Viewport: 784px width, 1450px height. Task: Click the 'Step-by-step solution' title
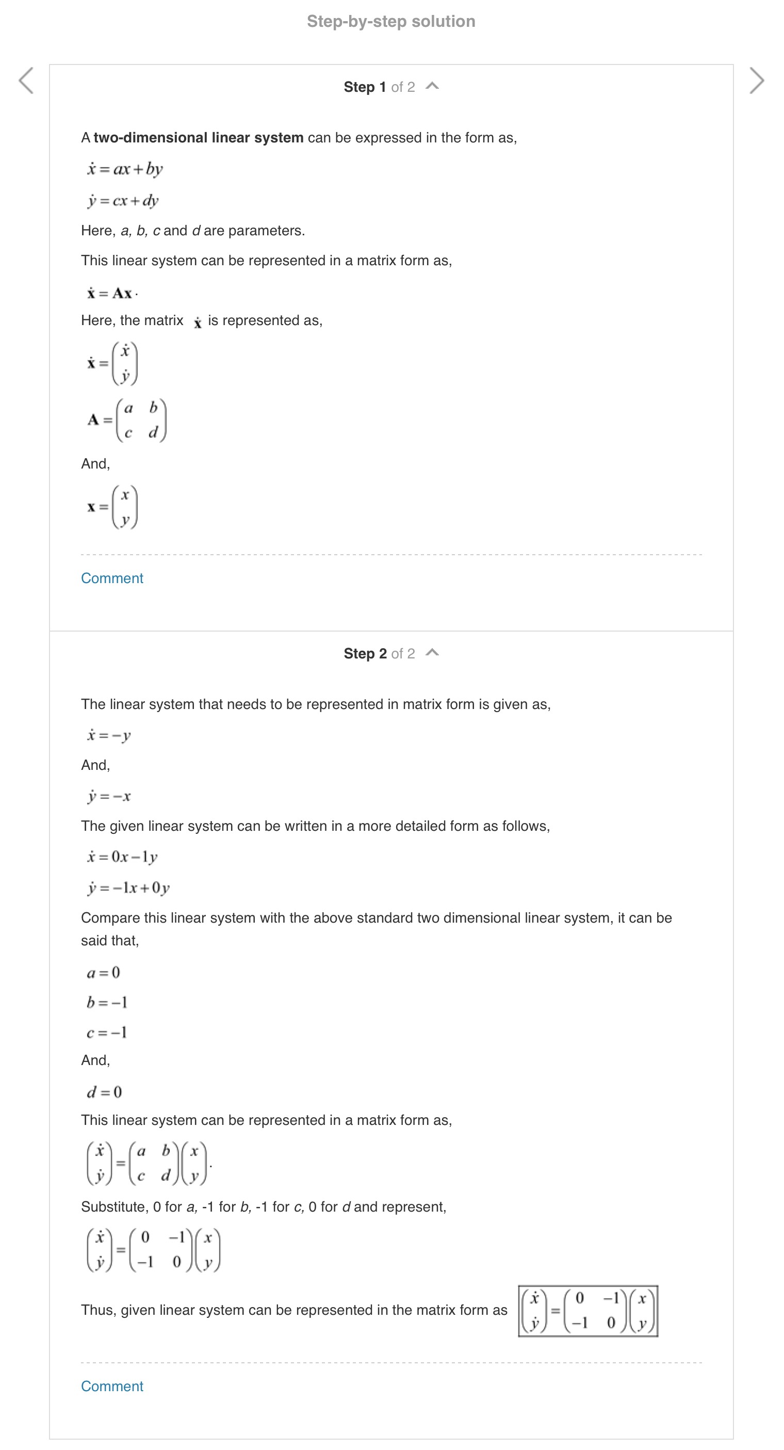390,21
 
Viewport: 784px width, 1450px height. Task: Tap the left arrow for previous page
26,80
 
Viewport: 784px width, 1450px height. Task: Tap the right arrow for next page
757,80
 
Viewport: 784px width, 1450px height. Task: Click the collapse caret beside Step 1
432,86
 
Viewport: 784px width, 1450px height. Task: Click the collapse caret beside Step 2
432,653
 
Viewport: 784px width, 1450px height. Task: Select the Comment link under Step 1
112,578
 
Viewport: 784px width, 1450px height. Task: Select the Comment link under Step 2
112,1386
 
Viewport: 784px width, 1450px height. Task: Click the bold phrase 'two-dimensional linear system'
198,138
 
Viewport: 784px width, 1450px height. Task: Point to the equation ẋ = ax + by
124,169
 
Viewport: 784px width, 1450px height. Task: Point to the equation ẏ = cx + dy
123,200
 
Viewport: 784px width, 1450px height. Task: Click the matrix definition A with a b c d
127,420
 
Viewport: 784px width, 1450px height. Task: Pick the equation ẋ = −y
109,735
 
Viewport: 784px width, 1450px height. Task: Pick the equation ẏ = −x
109,796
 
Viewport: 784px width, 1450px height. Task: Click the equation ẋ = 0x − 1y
122,857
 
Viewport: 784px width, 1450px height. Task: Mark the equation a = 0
103,973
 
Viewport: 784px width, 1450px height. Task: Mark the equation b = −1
107,1003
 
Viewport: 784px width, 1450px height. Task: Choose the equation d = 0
104,1092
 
